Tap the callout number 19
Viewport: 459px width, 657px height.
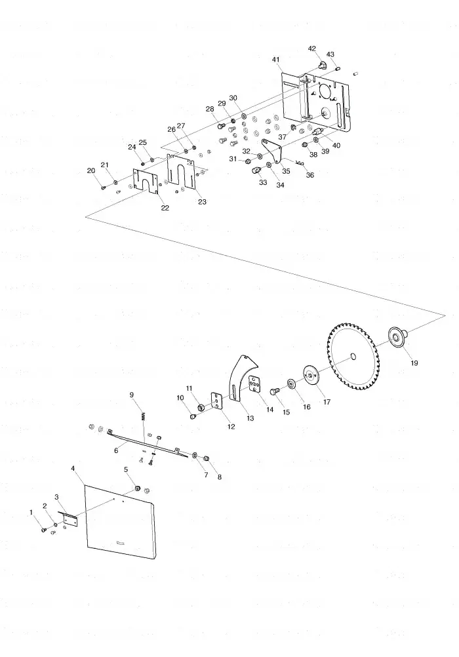pyautogui.click(x=414, y=363)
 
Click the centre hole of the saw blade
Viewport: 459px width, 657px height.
pyautogui.click(x=353, y=357)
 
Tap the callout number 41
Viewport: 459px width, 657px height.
pyautogui.click(x=275, y=60)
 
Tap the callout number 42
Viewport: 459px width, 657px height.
pyautogui.click(x=312, y=49)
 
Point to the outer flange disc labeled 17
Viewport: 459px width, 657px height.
pyautogui.click(x=311, y=376)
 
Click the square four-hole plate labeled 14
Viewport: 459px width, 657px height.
pyautogui.click(x=255, y=385)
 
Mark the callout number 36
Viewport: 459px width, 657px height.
pyautogui.click(x=309, y=174)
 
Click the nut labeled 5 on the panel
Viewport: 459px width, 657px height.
pyautogui.click(x=136, y=488)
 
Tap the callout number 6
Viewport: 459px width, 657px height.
pyautogui.click(x=116, y=451)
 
